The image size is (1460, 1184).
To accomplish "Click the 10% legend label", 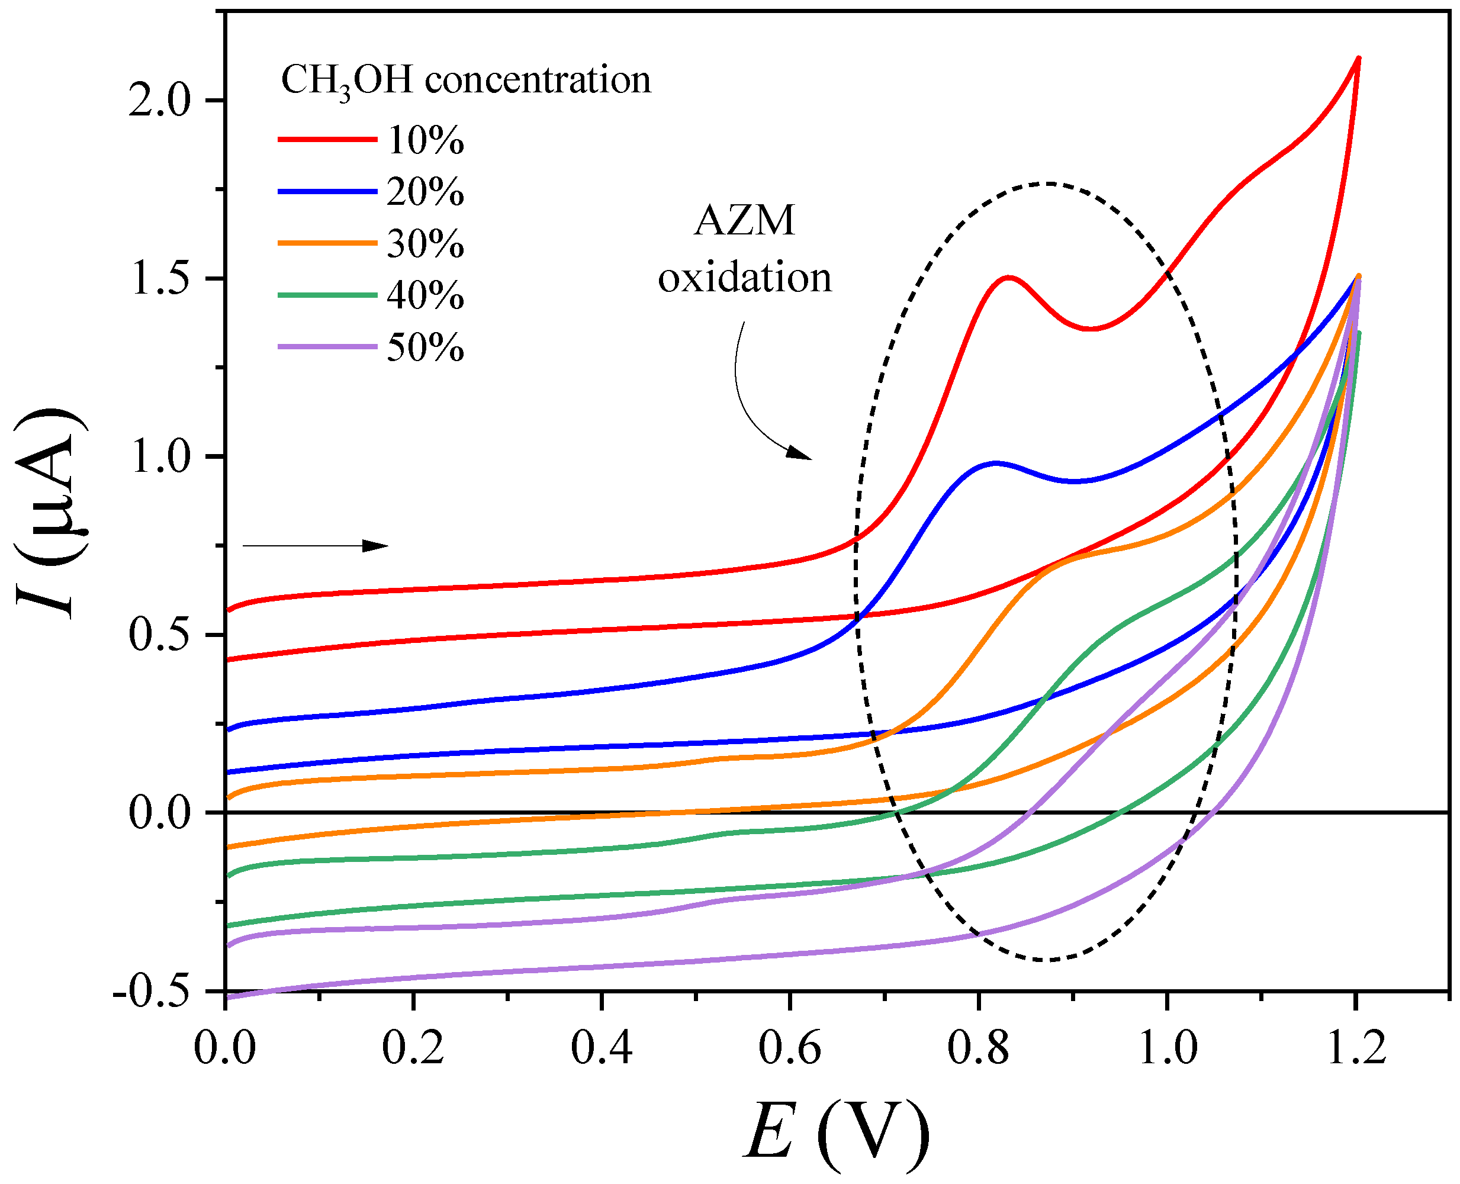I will pyautogui.click(x=426, y=141).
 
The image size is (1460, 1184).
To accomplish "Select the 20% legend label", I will pyautogui.click(x=426, y=192).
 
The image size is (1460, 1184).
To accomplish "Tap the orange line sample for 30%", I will pyautogui.click(x=327, y=243).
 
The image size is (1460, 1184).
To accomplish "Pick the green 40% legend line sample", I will pyautogui.click(x=327, y=295).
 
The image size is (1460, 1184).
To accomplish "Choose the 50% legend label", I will pyautogui.click(x=426, y=348).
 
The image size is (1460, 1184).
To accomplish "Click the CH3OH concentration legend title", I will pyautogui.click(x=466, y=81).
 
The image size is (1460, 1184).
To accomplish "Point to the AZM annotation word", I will pyautogui.click(x=744, y=221).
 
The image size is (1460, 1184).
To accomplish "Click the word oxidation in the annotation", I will pyautogui.click(x=744, y=278).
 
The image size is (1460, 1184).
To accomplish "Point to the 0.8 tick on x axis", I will pyautogui.click(x=978, y=1048).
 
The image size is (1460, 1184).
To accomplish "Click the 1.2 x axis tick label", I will pyautogui.click(x=1355, y=1048).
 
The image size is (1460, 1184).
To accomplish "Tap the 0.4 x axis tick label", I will pyautogui.click(x=602, y=1048).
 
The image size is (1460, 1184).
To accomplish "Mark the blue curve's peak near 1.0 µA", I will pyautogui.click(x=996, y=463).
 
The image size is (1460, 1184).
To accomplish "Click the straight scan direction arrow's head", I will pyautogui.click(x=378, y=545).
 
